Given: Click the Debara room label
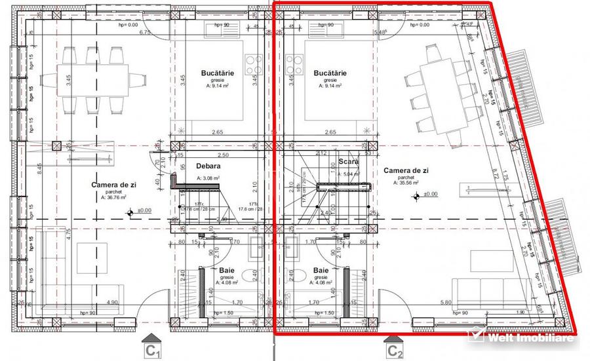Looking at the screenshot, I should [x=208, y=166].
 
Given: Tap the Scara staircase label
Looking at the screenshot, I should [x=347, y=161].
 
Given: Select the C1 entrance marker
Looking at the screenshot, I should [x=153, y=347].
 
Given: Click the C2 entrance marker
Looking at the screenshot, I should [x=394, y=347].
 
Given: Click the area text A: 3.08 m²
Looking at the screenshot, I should [x=208, y=178].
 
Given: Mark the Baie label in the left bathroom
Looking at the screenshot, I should [x=227, y=270].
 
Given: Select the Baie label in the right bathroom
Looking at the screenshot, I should [x=321, y=270].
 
